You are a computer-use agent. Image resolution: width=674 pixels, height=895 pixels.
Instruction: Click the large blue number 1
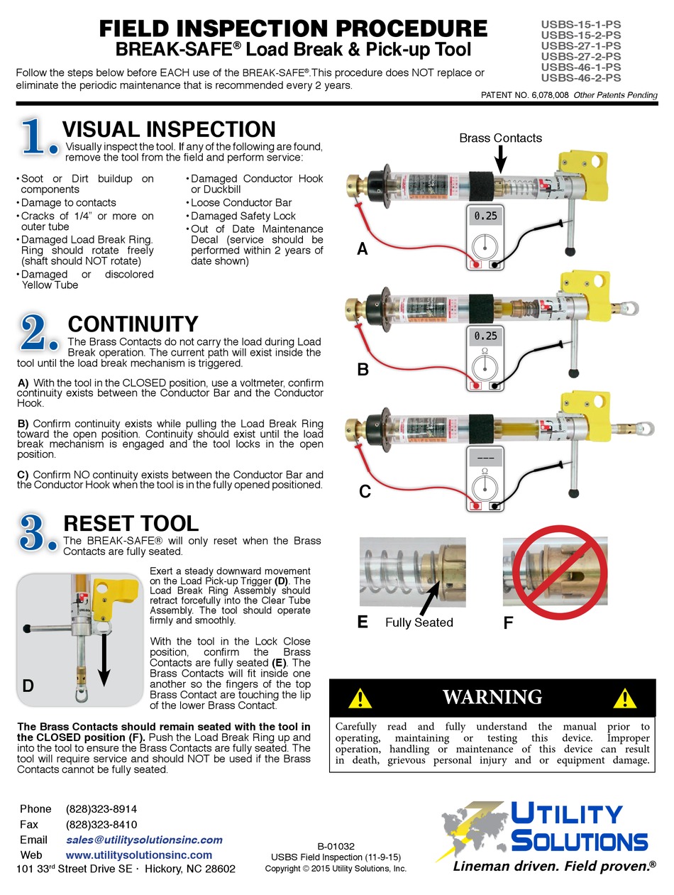point(38,136)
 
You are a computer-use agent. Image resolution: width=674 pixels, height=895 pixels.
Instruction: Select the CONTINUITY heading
point(133,324)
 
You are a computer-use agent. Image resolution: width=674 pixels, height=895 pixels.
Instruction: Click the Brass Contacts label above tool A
point(500,138)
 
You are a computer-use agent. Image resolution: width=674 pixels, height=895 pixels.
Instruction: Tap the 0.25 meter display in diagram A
point(485,215)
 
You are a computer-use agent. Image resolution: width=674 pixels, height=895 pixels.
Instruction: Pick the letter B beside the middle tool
point(363,369)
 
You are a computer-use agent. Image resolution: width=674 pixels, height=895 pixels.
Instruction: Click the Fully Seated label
point(419,622)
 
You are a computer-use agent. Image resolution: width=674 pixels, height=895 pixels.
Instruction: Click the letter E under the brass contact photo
point(363,622)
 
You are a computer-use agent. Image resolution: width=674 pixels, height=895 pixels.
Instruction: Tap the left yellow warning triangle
point(360,698)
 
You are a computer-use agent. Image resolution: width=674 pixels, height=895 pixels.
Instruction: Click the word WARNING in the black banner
point(492,697)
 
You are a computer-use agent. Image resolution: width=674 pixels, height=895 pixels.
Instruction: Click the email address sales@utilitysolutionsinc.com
point(144,840)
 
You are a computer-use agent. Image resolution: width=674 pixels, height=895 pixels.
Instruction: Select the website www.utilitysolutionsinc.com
point(138,855)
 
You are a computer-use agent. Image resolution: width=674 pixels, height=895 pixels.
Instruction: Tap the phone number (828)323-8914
point(101,809)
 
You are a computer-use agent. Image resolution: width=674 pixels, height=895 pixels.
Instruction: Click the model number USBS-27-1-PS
point(581,45)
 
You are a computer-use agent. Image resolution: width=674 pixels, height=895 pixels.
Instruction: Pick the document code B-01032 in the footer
point(336,846)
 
